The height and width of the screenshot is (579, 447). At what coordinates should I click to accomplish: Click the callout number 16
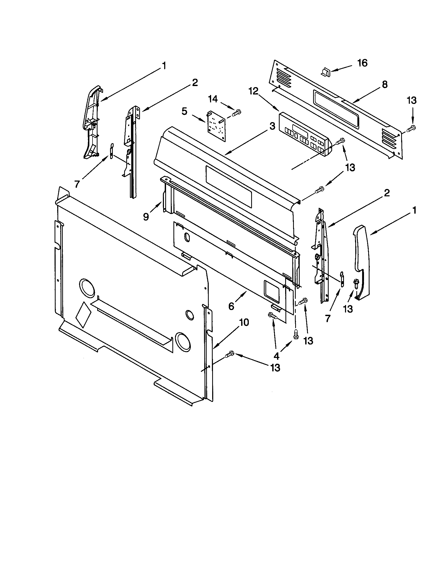[362, 63]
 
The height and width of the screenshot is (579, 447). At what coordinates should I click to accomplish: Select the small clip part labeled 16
[325, 72]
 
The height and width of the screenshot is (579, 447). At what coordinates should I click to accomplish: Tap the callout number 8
[385, 84]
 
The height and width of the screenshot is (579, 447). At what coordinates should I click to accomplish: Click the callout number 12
[253, 91]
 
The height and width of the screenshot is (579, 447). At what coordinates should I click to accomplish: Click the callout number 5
[185, 111]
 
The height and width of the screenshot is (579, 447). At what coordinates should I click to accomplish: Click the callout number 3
[272, 126]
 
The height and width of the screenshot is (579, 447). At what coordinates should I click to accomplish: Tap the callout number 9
[146, 217]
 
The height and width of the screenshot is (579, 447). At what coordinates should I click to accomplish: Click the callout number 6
[231, 306]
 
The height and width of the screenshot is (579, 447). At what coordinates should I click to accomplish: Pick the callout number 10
[244, 323]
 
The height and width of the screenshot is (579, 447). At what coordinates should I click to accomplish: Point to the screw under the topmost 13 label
[411, 129]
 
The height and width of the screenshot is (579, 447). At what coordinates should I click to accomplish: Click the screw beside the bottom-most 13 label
[229, 354]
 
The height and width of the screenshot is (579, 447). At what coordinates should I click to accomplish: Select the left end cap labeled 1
[91, 122]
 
